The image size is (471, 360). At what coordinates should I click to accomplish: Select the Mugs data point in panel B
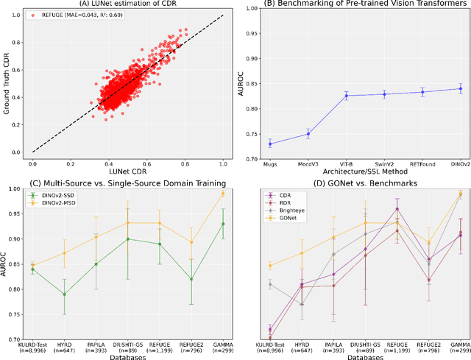tap(269, 144)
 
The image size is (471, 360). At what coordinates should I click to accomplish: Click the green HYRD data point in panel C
tap(65, 294)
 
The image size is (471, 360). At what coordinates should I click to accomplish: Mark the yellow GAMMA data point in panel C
tap(223, 194)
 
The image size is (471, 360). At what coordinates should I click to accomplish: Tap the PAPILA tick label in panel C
tap(96, 344)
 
